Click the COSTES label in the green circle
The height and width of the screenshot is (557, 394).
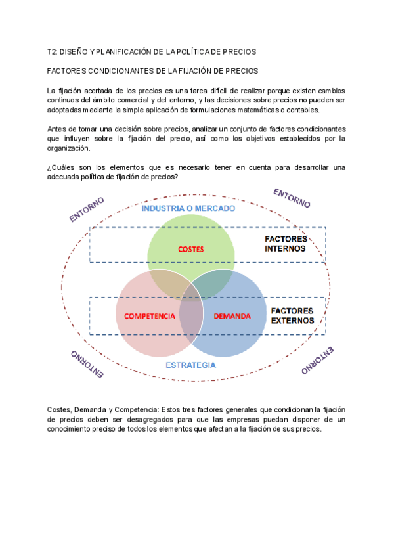191,249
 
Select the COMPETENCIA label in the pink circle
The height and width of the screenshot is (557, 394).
150,316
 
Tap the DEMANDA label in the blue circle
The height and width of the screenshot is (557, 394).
232,316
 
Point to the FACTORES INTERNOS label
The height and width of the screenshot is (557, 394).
285,244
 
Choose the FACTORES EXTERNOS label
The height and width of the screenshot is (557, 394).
292,315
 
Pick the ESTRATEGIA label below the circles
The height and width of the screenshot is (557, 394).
190,364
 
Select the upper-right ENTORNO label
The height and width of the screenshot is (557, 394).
292,198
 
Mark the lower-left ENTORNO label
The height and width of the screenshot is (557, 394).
86,364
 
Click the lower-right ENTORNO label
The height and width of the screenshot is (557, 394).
317,361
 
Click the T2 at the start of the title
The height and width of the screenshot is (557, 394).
53,51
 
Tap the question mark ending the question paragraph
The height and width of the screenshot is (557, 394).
177,177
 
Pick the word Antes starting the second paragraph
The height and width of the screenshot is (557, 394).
57,129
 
